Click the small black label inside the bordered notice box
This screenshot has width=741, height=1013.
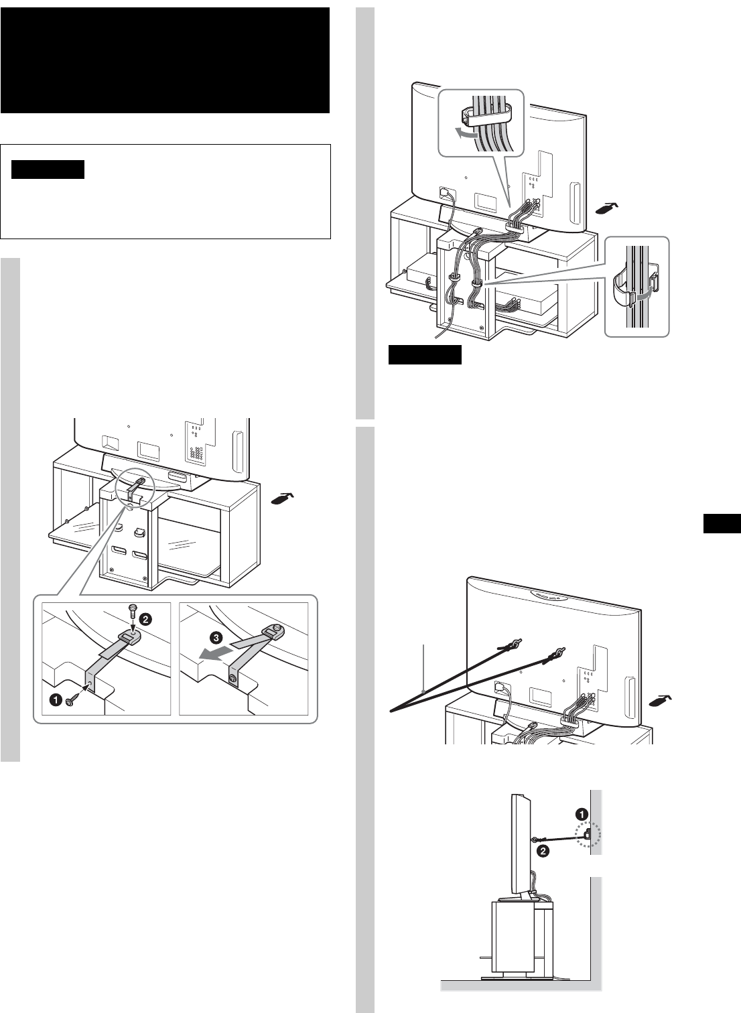click(48, 170)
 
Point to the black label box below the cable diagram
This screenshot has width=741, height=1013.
click(425, 354)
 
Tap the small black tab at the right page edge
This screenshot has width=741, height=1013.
click(722, 523)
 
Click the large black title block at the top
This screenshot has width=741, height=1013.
click(165, 60)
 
